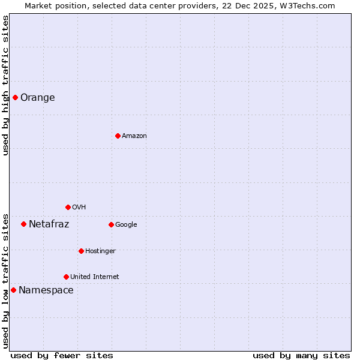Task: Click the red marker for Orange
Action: (x=15, y=97)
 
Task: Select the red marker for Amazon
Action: (x=118, y=136)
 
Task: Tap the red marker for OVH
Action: (x=68, y=207)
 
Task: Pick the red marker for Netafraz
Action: (x=23, y=224)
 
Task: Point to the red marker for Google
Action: (x=111, y=224)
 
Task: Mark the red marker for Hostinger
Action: (x=81, y=251)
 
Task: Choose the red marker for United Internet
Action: (x=66, y=277)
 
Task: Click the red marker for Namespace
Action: (x=13, y=290)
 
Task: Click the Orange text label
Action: (x=38, y=98)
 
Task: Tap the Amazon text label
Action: (x=134, y=136)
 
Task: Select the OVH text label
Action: (x=79, y=208)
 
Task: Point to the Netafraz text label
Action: (x=49, y=224)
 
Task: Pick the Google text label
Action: (x=126, y=225)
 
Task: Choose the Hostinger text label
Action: (x=100, y=251)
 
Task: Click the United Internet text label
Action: (x=95, y=277)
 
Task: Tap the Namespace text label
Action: (x=46, y=290)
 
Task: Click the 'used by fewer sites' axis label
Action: (x=62, y=356)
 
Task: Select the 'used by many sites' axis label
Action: (x=301, y=356)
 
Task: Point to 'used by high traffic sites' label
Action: (x=6, y=85)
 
